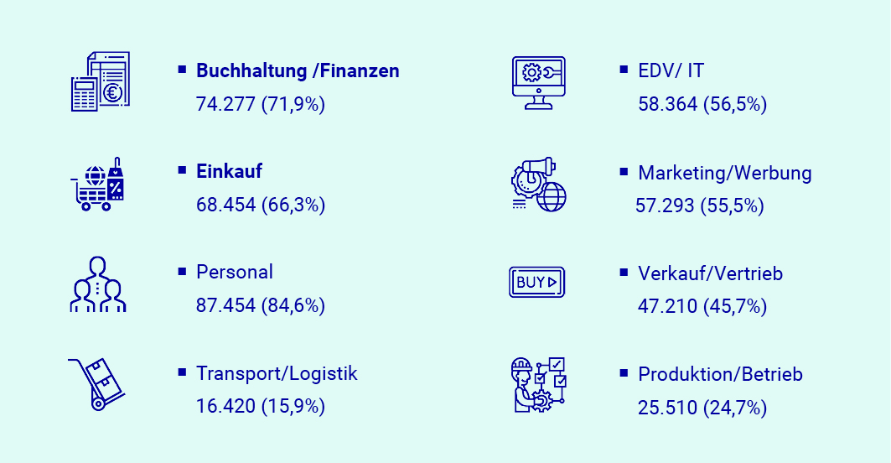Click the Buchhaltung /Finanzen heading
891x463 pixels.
pyautogui.click(x=298, y=71)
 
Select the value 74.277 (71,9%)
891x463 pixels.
pyautogui.click(x=260, y=104)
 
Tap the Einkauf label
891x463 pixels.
pyautogui.click(x=229, y=171)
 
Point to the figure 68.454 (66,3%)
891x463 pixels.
pyautogui.click(x=260, y=205)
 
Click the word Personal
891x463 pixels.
pyautogui.click(x=235, y=272)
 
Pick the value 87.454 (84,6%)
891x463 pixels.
pyautogui.click(x=260, y=305)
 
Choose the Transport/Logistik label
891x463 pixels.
pyautogui.click(x=277, y=373)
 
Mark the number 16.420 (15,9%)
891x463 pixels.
pyautogui.click(x=260, y=407)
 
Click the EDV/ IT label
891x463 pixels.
pyautogui.click(x=671, y=71)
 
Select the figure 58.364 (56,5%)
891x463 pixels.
pyautogui.click(x=702, y=104)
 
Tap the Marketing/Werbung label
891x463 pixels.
pyautogui.click(x=725, y=173)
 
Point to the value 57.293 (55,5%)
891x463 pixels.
pyautogui.click(x=700, y=205)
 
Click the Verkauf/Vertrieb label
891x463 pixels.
pyautogui.click(x=711, y=273)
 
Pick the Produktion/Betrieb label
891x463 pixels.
pyautogui.click(x=720, y=374)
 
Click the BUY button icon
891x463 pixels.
pyautogui.click(x=536, y=282)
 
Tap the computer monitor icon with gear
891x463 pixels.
pyautogui.click(x=538, y=81)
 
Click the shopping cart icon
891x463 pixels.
pyautogui.click(x=98, y=184)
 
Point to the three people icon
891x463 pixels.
pyautogui.click(x=98, y=284)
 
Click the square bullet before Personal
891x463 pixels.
pyautogui.click(x=182, y=271)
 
